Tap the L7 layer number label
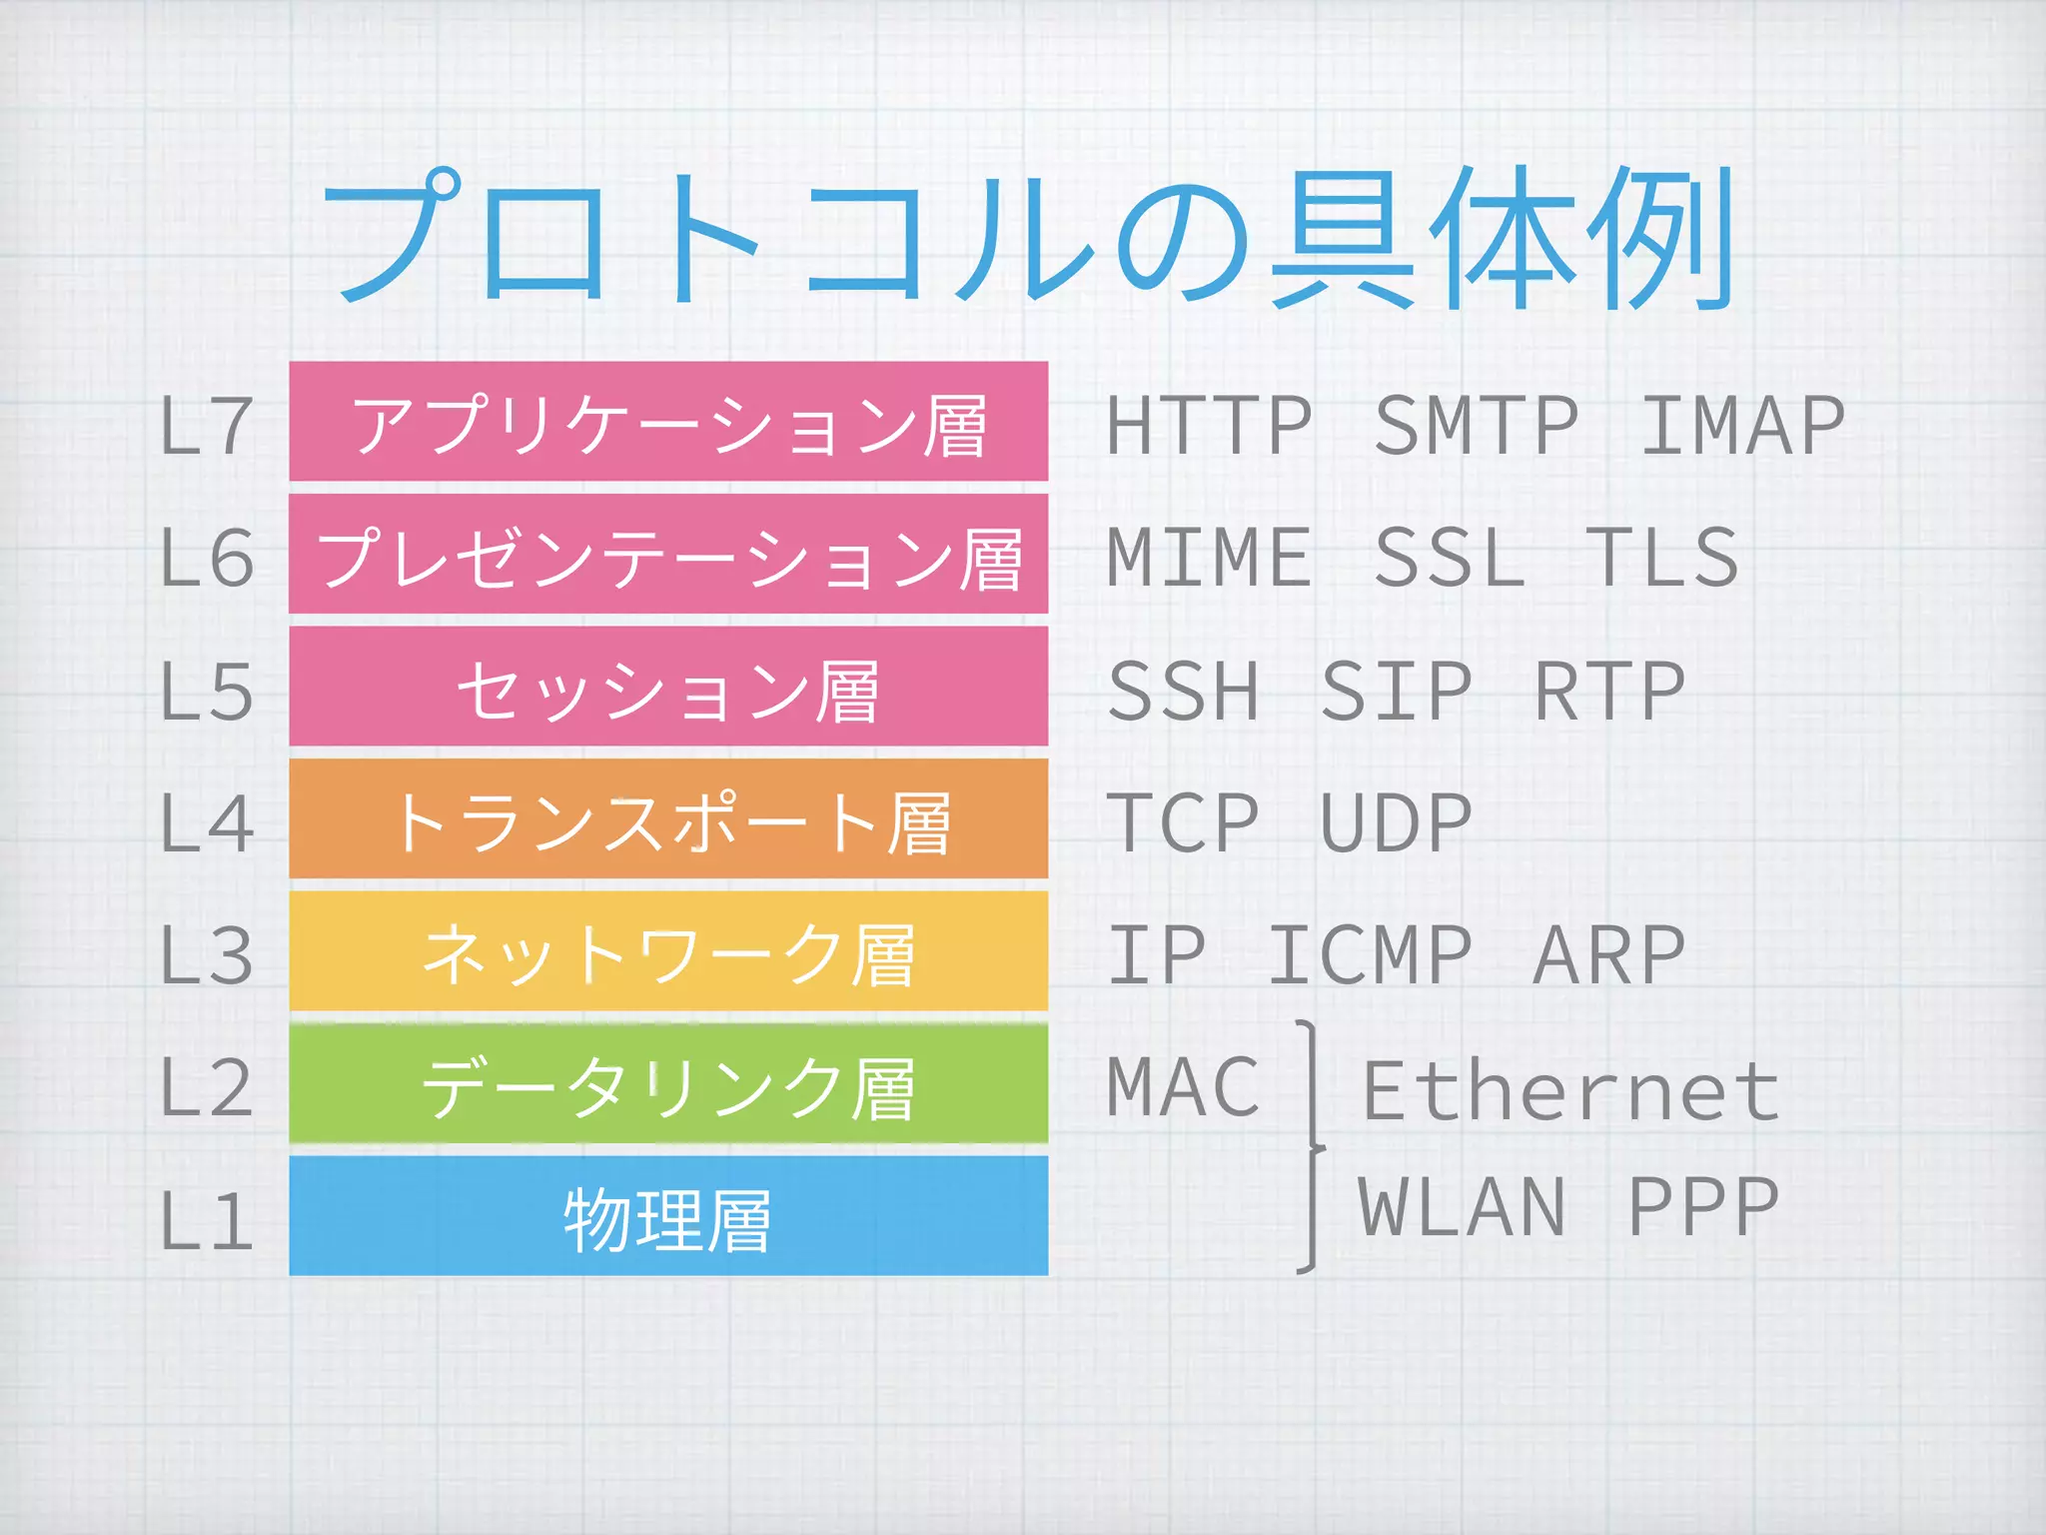206,426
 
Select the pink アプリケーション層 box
668,422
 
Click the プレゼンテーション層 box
668,555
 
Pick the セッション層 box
668,687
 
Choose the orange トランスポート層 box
668,819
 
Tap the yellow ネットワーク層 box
668,951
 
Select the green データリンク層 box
668,1084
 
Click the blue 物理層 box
668,1216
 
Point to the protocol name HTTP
1209,426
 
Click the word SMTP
1476,426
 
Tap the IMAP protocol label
1742,426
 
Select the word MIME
1209,558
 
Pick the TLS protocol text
1662,558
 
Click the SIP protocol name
1396,691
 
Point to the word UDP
1396,823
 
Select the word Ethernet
1570,1091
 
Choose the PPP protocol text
1702,1207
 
